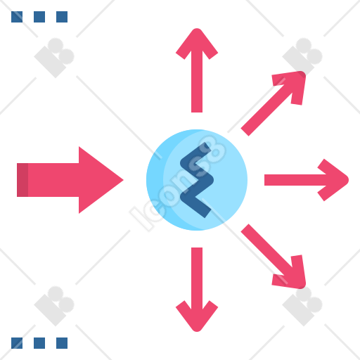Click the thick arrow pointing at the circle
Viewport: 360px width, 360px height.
tap(70, 180)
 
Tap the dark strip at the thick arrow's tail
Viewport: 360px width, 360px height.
tap(22, 180)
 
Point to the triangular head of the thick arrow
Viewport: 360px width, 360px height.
tap(101, 180)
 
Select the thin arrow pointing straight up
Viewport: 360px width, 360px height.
tap(197, 70)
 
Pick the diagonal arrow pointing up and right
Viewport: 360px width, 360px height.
tap(274, 103)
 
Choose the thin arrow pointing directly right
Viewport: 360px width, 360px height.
tap(307, 180)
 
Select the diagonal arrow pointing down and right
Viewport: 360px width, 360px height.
tap(274, 257)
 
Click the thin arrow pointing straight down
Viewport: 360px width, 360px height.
tap(197, 290)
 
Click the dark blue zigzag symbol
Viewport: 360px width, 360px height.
tap(197, 180)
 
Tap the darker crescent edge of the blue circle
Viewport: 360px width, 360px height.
tap(155, 180)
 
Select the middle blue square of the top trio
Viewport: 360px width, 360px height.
tap(39, 17)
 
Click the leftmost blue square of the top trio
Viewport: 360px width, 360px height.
tap(17, 17)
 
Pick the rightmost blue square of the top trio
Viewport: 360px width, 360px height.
tap(62, 17)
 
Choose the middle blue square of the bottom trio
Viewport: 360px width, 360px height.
tap(39, 343)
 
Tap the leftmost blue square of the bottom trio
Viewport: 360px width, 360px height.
tap(17, 343)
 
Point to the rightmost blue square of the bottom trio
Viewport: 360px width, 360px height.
tap(62, 343)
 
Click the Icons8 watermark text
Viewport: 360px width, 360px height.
tap(178, 184)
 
